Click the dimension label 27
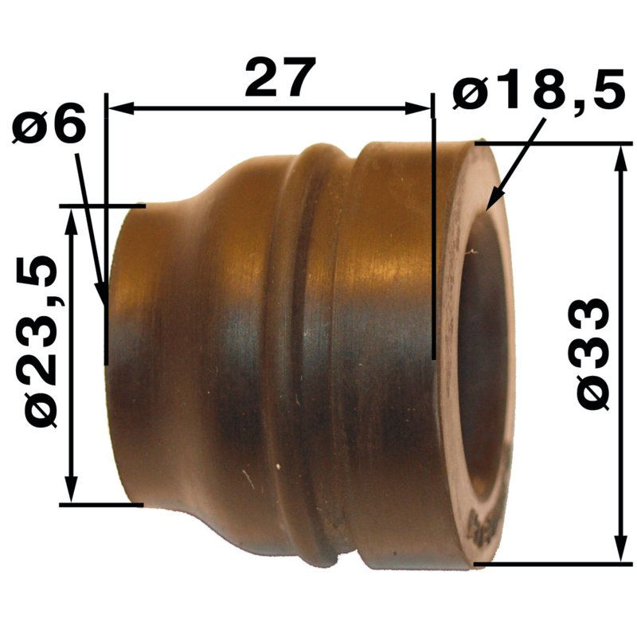(280, 76)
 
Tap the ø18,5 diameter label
(539, 90)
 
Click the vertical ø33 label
(592, 354)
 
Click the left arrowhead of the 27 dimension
(120, 108)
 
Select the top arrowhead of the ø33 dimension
(620, 158)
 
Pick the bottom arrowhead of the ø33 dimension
(620, 549)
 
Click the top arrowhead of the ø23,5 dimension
(72, 222)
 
